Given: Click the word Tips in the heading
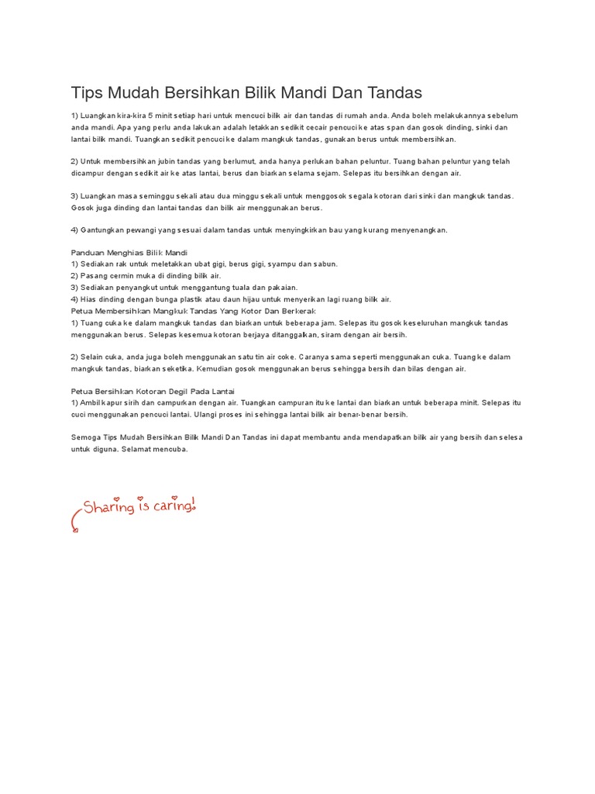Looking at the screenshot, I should click(86, 93).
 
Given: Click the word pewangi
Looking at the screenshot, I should click(158, 230).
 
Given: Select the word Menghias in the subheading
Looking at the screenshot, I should click(132, 254).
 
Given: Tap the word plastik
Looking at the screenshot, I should click(205, 299).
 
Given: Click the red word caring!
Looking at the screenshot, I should click(173, 507).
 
